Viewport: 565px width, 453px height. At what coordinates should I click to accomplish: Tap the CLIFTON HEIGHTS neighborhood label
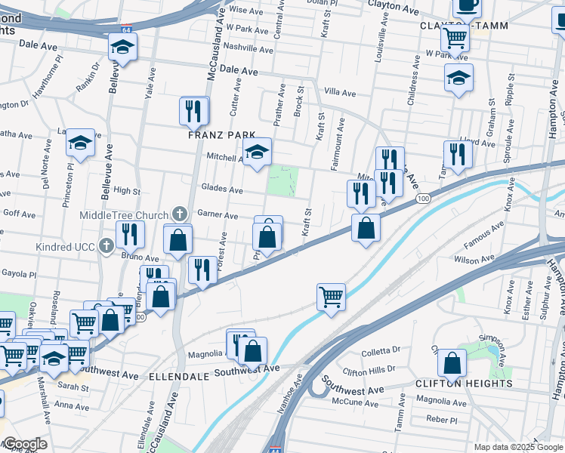pyautogui.click(x=464, y=383)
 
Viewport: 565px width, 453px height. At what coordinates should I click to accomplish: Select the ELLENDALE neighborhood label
pyautogui.click(x=178, y=375)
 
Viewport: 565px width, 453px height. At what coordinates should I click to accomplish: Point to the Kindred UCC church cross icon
pyautogui.click(x=107, y=246)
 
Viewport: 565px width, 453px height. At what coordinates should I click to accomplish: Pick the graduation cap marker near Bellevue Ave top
pyautogui.click(x=122, y=48)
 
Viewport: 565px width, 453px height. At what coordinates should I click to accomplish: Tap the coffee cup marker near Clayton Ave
pyautogui.click(x=467, y=6)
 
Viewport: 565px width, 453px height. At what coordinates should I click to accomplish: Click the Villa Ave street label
pyautogui.click(x=339, y=93)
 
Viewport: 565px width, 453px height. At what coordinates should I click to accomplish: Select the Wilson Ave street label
pyautogui.click(x=474, y=259)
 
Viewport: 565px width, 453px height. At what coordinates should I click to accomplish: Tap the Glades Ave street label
pyautogui.click(x=222, y=189)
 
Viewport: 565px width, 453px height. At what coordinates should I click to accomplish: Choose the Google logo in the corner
pyautogui.click(x=25, y=444)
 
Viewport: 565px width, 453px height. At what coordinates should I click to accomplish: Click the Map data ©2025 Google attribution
pyautogui.click(x=518, y=447)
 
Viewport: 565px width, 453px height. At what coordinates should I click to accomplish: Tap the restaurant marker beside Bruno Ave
pyautogui.click(x=129, y=235)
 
